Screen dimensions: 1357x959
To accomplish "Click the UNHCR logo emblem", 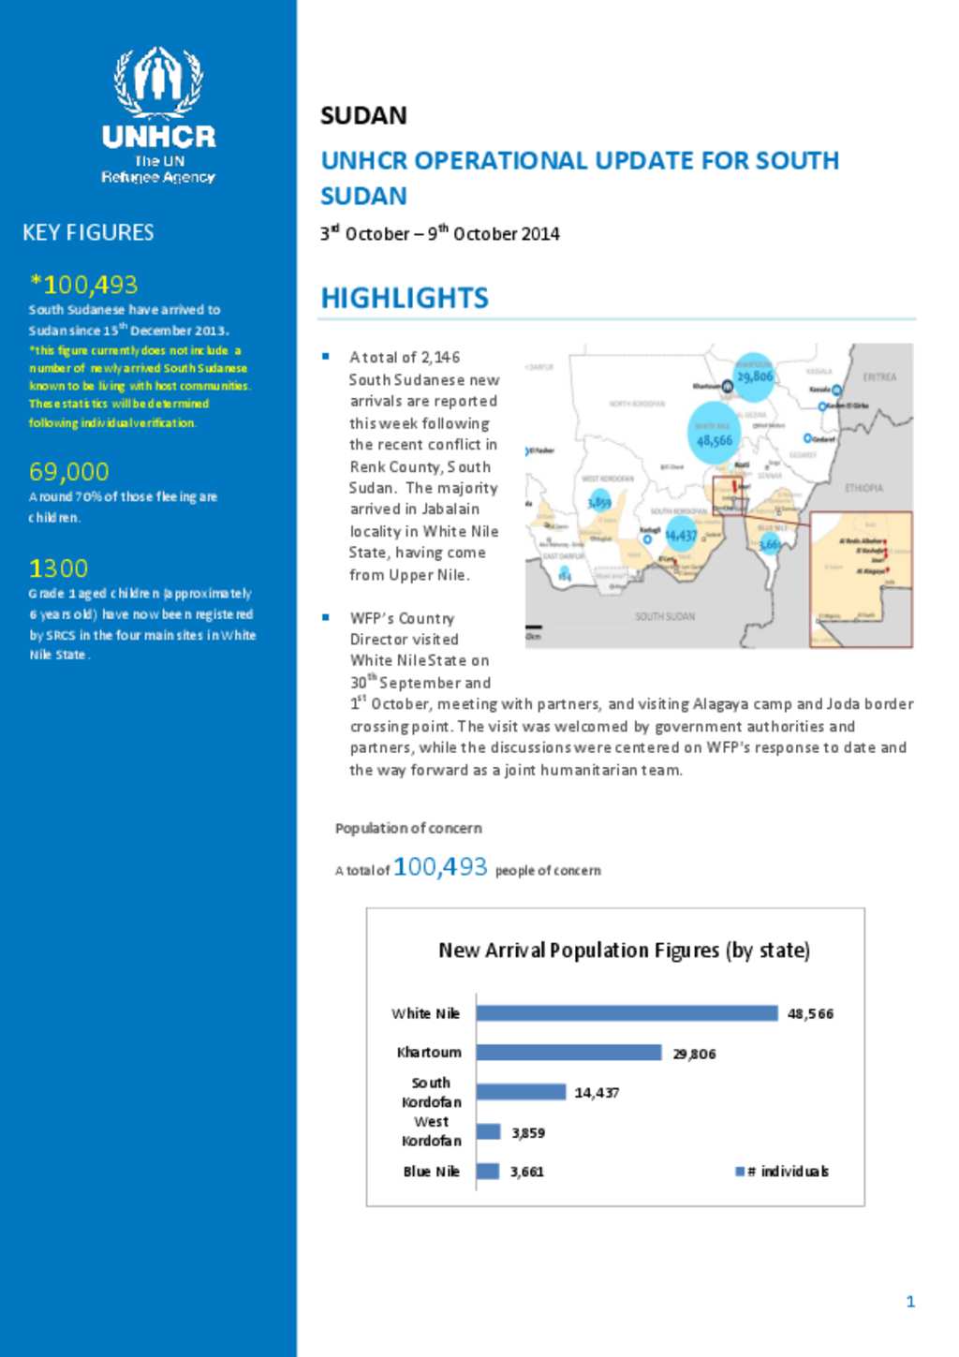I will (158, 82).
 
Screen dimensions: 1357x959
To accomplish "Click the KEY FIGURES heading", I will (88, 232).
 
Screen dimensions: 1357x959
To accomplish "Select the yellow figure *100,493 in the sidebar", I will (84, 284).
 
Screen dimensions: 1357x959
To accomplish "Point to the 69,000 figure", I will (68, 471).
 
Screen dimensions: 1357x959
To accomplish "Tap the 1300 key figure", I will (58, 568).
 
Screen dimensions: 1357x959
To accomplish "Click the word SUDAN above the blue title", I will (363, 116).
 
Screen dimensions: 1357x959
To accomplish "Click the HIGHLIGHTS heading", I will (405, 298).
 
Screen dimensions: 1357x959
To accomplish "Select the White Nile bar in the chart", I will (627, 1013).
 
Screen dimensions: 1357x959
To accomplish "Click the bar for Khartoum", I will (568, 1053).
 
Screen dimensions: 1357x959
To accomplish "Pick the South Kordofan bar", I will (521, 1092).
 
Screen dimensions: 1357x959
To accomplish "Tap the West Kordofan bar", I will (488, 1132).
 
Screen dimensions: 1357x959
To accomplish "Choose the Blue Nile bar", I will (487, 1172).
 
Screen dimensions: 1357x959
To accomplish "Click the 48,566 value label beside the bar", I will (810, 1014).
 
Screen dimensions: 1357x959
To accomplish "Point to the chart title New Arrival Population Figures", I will (624, 951).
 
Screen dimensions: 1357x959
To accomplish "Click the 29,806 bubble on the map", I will (754, 376).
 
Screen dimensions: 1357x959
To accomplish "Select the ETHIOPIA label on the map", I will (863, 488).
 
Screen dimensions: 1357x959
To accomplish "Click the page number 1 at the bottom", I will (910, 1301).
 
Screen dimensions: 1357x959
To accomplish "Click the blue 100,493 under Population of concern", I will (440, 867).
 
